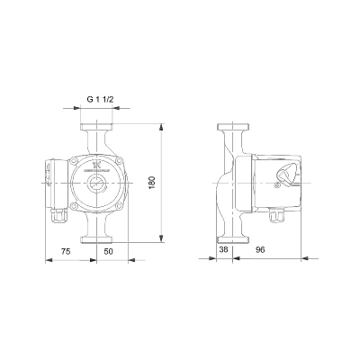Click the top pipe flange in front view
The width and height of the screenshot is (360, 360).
pyautogui.click(x=96, y=126)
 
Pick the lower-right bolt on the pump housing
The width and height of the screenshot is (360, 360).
pyautogui.click(x=116, y=206)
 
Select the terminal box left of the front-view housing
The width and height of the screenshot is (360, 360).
pyautogui.click(x=51, y=183)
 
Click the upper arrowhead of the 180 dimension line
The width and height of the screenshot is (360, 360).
pyautogui.click(x=159, y=126)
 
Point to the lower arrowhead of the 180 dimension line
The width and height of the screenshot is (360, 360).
pyautogui.click(x=159, y=238)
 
